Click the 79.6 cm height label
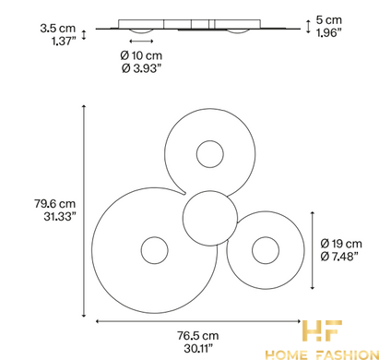(54, 203)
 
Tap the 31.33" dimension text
(60, 216)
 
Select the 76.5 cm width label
(198, 335)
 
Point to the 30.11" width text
(198, 348)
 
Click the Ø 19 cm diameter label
(341, 244)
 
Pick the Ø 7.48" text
(339, 257)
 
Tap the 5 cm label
(329, 20)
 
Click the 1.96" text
(329, 32)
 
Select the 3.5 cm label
(58, 28)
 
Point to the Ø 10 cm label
(141, 55)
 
